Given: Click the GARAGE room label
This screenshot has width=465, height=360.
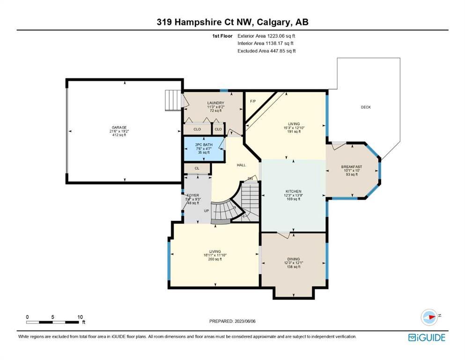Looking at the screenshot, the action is coord(119,127).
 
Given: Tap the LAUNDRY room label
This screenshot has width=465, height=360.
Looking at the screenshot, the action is coord(215,103).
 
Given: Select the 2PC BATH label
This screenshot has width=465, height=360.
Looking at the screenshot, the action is coord(204,145).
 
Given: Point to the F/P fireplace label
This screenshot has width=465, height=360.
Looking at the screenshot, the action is coord(253,101).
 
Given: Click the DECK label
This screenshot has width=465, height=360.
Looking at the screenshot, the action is coord(366,107).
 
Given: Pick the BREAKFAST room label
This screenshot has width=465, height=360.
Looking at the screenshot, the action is coord(351,167).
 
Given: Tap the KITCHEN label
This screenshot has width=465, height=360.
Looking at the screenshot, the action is coord(293,191).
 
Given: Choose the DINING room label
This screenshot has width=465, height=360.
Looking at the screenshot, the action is coord(293,259).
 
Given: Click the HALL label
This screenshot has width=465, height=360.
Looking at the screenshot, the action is coord(241,165).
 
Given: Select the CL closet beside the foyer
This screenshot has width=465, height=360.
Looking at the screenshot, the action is coord(197,168).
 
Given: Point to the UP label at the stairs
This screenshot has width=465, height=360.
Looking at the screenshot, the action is coord(207,211).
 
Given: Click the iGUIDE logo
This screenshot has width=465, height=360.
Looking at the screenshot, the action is coord(427,338).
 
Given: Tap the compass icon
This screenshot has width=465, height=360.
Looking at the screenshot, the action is coord(429,317).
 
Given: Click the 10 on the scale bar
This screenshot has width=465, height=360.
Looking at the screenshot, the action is coord(80,317).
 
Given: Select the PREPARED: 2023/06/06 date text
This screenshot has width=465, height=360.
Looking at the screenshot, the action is coord(232,321).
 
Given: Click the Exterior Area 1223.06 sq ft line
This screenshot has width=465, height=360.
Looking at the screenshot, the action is coord(266,36).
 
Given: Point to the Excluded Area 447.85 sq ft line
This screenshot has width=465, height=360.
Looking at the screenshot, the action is coord(266,51).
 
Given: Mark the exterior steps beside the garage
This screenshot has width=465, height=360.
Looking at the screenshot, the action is coord(173,100).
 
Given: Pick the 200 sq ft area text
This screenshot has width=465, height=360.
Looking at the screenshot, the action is coord(215,259).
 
